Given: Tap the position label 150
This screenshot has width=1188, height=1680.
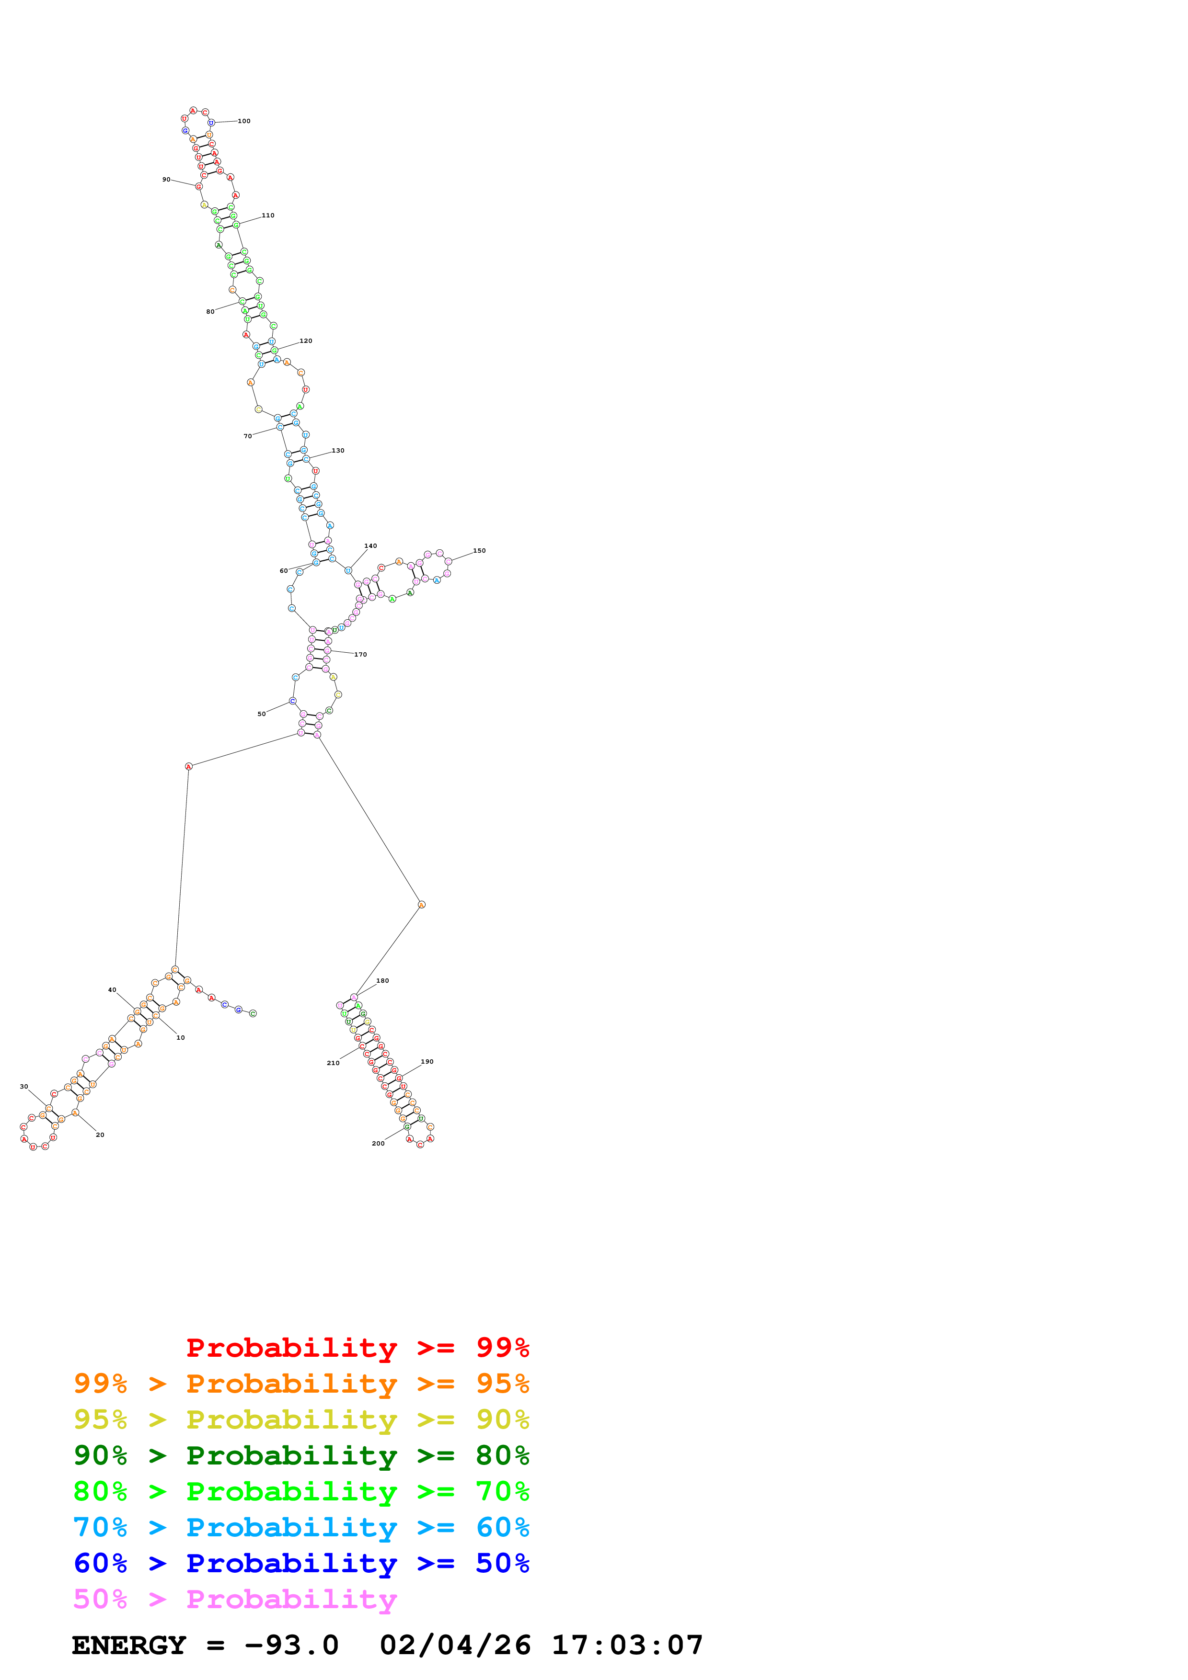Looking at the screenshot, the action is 479,551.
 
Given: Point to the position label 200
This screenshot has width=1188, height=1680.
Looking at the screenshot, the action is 378,1144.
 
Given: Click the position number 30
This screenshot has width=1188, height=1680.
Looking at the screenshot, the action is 24,1087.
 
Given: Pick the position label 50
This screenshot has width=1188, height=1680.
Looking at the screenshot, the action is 261,714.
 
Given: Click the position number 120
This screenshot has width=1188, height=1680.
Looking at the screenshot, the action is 305,341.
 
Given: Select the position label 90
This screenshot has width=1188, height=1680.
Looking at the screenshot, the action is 166,179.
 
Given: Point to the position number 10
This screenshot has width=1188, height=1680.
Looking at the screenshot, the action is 180,1038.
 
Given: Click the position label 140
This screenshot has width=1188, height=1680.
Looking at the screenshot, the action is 370,546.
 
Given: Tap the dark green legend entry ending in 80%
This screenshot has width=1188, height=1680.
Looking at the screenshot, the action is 301,1455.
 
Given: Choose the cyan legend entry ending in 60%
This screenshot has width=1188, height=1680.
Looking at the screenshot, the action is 301,1527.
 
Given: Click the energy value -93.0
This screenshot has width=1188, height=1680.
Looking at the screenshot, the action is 291,1645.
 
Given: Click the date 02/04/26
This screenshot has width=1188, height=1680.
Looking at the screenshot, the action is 455,1645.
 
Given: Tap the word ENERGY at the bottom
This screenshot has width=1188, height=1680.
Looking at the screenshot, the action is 129,1645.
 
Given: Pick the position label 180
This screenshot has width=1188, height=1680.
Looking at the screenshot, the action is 382,980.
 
